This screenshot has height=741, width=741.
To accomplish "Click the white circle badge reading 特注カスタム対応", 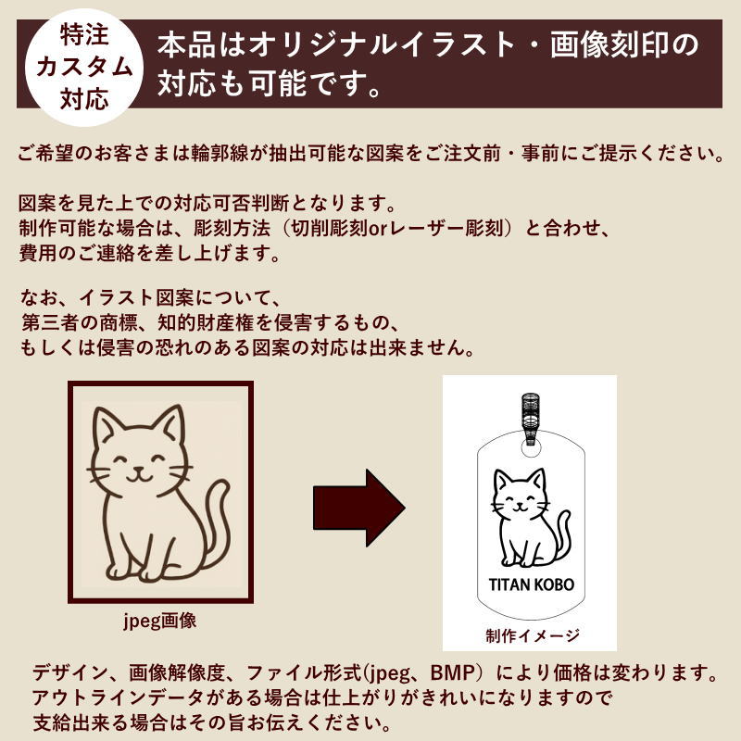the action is [84, 66].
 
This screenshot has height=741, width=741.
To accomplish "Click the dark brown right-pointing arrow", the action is [359, 508].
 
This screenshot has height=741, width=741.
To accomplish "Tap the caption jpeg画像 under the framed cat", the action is [159, 621].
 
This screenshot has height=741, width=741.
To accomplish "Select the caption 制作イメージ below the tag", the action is [532, 635].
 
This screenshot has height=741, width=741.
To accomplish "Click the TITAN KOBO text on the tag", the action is [531, 584].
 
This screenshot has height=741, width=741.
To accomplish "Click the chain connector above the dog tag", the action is [531, 416].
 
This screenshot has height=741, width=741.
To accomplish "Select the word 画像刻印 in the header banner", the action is [609, 45].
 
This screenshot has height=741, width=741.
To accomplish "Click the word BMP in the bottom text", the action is [452, 672].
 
